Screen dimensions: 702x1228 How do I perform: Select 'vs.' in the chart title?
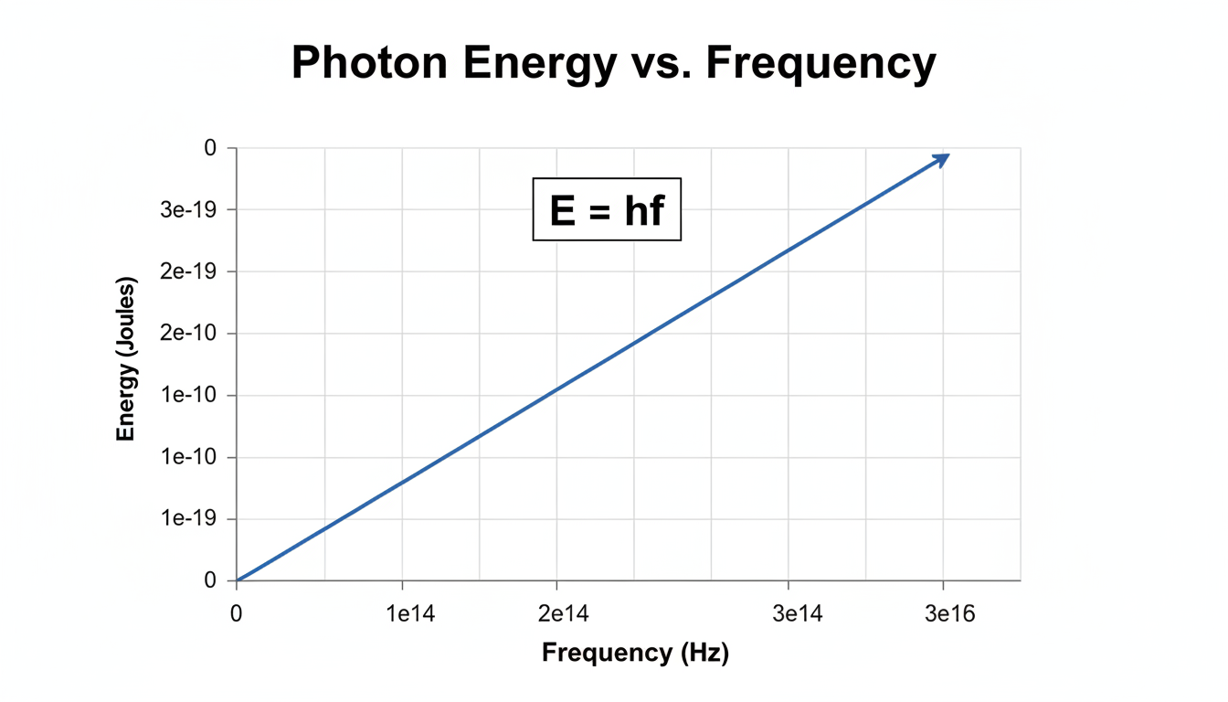[663, 64]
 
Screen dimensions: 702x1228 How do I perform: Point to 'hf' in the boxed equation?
[643, 211]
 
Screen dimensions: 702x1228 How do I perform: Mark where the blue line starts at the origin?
[238, 580]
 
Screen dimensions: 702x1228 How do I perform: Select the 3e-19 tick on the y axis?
[199, 209]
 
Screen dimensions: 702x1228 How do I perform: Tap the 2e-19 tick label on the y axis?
[199, 271]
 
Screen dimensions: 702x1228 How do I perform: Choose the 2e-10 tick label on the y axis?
[199, 334]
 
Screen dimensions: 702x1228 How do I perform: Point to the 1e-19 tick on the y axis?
[199, 519]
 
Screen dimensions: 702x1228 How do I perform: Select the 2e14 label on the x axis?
[557, 614]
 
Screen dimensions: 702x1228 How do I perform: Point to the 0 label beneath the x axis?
[237, 614]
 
